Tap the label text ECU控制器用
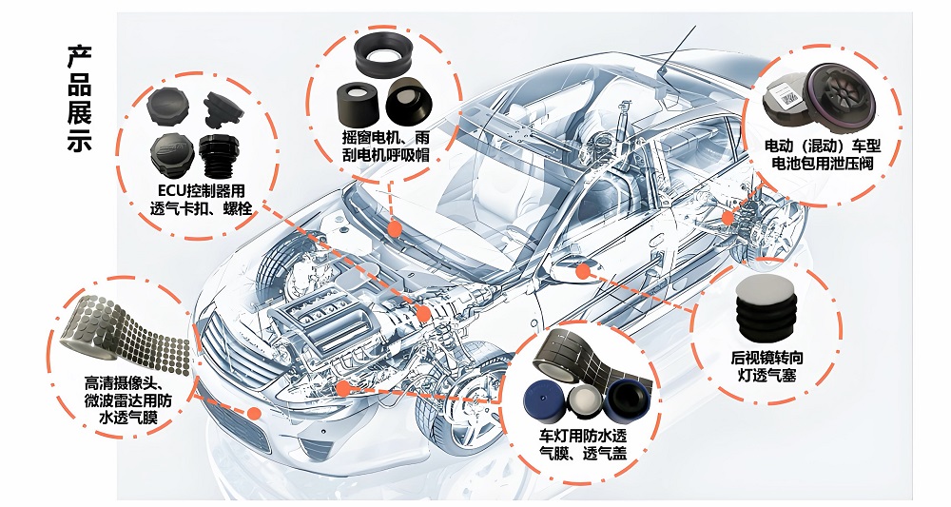click(199, 190)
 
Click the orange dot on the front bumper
click(255, 412)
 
